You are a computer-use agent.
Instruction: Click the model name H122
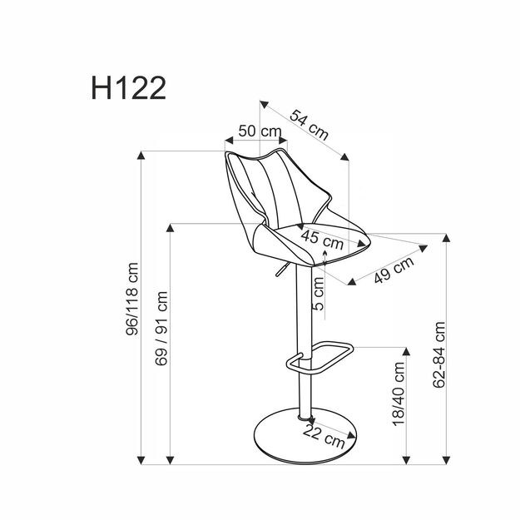pos(127,87)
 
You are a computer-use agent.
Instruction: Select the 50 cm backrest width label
pos(258,131)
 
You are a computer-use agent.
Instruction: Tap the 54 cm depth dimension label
pos(309,123)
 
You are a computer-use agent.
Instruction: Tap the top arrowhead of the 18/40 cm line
pos(407,351)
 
